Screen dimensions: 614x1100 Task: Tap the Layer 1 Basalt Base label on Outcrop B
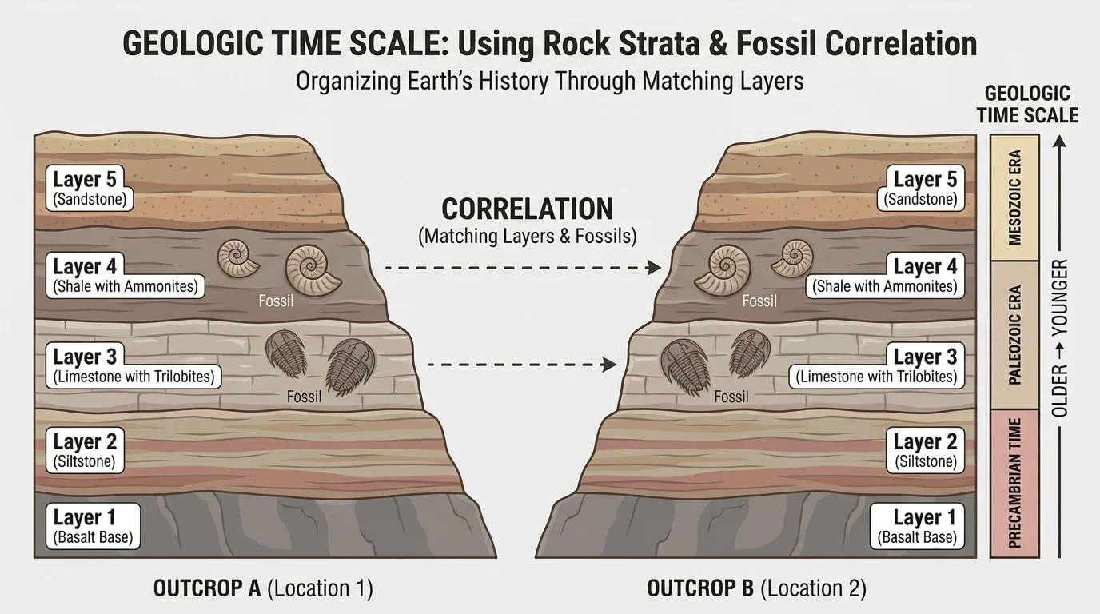917,527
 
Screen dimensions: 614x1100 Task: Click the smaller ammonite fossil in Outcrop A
238,259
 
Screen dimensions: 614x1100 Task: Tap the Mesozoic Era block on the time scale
1014,197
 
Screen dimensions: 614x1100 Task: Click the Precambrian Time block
1014,482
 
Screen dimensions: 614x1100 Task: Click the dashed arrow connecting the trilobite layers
523,365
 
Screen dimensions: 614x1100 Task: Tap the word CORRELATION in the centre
528,209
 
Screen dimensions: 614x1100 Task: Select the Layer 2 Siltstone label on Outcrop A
85,450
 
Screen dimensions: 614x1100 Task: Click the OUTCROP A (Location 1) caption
263,589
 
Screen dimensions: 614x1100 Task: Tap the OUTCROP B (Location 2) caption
756,589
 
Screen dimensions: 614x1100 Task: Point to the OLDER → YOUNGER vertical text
1060,337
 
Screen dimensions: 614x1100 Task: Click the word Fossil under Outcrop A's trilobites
304,397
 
